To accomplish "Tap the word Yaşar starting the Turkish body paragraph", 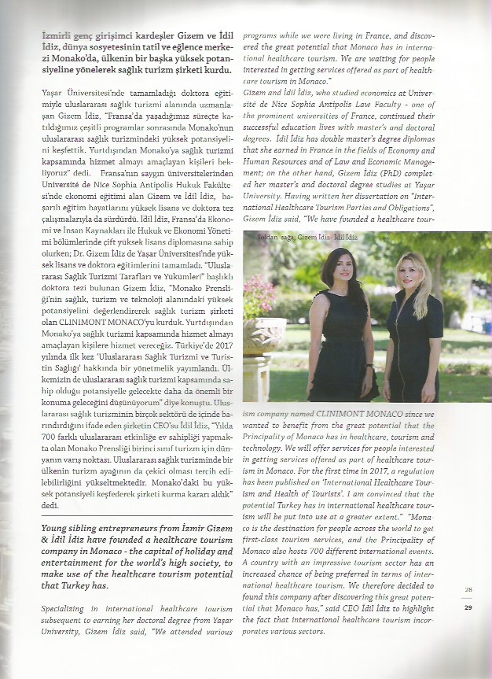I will [x=53, y=93].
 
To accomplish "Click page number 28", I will [x=468, y=590].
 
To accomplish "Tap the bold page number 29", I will [x=468, y=607].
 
